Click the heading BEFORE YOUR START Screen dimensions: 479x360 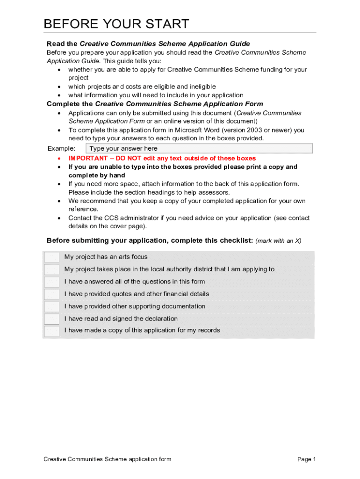pos(116,24)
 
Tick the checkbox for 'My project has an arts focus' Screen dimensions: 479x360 pos(51,257)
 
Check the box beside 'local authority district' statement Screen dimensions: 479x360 pos(51,269)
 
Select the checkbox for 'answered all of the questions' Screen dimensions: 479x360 pos(51,282)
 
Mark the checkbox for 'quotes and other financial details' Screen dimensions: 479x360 pos(51,294)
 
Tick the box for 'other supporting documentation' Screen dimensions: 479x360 pos(51,307)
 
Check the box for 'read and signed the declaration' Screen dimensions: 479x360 pos(51,319)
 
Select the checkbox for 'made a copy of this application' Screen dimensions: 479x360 pos(51,331)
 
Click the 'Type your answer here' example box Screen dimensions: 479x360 pos(199,149)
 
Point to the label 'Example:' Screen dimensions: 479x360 pos(61,149)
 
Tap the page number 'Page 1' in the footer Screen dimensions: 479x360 pos(307,459)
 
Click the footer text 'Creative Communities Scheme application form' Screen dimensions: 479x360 pos(108,459)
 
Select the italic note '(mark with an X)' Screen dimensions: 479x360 pos(279,241)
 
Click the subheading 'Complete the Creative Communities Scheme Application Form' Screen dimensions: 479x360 pos(155,104)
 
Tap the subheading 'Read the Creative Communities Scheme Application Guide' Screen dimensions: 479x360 pos(148,44)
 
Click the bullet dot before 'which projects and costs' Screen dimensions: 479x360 pos(58,87)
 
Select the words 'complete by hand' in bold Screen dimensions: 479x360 pos(97,175)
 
